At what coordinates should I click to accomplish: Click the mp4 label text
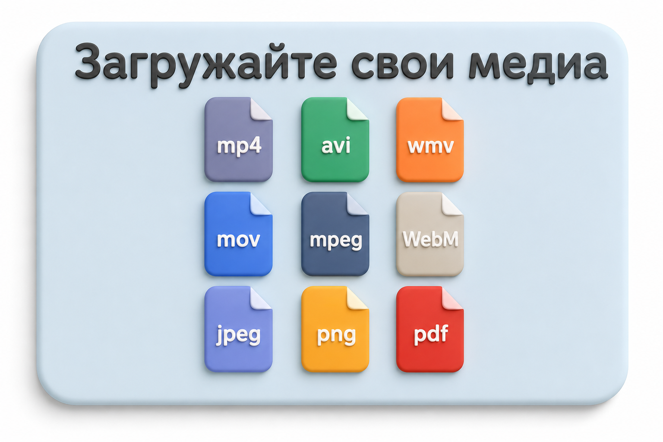click(x=239, y=146)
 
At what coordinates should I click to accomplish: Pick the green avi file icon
click(x=335, y=139)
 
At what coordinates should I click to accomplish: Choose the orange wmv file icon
click(x=430, y=139)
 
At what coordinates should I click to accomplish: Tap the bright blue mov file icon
click(x=238, y=234)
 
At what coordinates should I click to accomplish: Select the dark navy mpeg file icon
click(x=335, y=234)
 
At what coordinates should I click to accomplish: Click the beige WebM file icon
click(x=430, y=234)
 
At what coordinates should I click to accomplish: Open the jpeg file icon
click(x=238, y=329)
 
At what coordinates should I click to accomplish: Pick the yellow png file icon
click(x=335, y=329)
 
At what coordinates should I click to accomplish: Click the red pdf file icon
click(x=430, y=329)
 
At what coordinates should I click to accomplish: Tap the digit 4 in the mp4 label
click(x=254, y=145)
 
